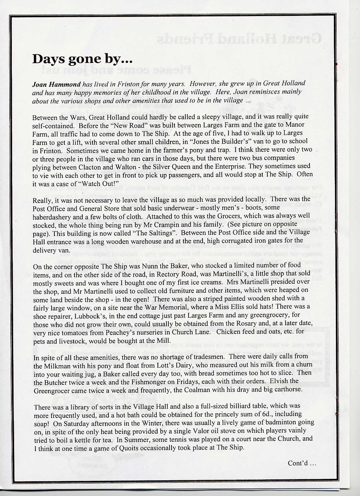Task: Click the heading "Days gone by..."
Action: (82, 59)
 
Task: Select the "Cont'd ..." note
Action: (302, 463)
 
